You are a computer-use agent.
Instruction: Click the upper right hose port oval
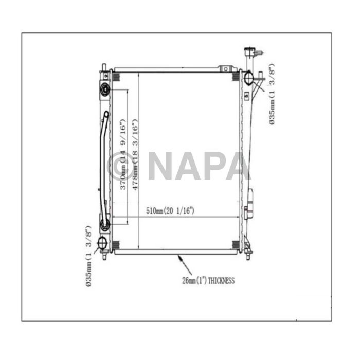(248, 79)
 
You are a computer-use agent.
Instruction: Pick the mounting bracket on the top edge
(224, 69)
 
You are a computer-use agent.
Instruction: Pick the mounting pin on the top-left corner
(104, 68)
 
